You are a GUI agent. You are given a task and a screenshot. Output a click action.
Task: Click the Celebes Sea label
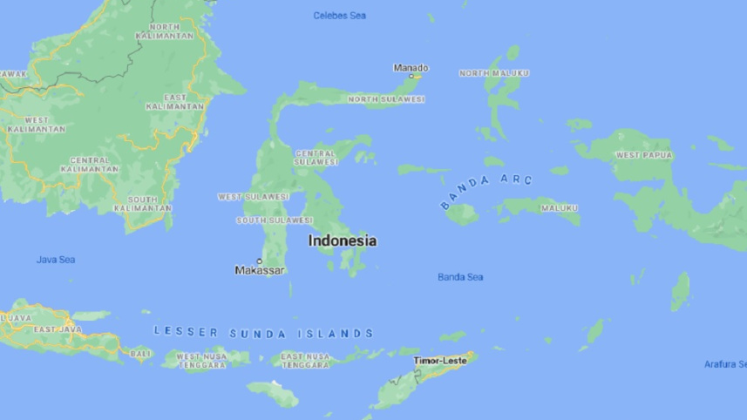coord(340,16)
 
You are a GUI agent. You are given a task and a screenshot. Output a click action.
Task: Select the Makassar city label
coord(260,270)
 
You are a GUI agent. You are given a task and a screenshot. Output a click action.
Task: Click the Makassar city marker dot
coord(259,260)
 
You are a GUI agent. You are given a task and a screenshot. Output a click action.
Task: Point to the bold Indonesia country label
coord(343,240)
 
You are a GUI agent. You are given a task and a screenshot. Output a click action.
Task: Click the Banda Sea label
coord(460,277)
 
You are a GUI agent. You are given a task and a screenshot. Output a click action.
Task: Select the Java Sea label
coord(56,260)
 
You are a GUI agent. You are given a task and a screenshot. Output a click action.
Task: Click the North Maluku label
coord(493,73)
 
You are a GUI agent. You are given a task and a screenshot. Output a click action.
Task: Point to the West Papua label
coord(644,155)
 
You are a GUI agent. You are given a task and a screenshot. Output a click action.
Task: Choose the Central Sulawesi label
coord(316,158)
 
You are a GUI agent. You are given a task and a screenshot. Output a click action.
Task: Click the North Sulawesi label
coord(386,99)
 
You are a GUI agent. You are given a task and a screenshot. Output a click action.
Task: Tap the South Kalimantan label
coord(143,204)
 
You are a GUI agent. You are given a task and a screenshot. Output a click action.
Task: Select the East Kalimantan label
coord(174,101)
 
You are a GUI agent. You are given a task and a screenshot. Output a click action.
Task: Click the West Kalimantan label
coord(37,124)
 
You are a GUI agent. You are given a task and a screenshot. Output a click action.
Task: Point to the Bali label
coord(140,353)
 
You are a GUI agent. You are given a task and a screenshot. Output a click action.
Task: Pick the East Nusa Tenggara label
coord(305,360)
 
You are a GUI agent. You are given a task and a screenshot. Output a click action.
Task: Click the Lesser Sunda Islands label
coord(263,333)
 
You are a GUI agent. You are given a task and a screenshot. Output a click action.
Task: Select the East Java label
coord(58,329)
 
